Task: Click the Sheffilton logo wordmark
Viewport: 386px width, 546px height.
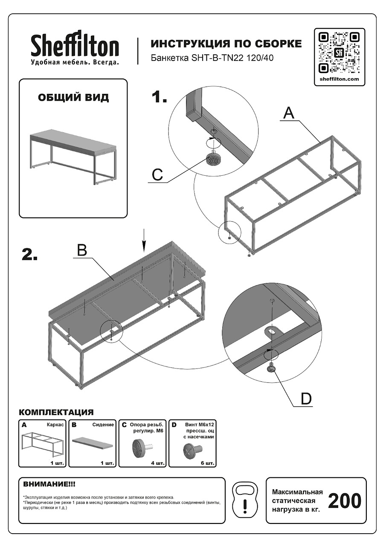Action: [x=75, y=44]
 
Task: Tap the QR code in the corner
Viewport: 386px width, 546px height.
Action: [x=339, y=52]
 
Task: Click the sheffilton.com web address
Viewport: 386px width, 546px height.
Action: [x=339, y=79]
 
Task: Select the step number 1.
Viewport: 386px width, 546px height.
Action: [x=159, y=97]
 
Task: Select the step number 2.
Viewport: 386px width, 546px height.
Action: [x=30, y=255]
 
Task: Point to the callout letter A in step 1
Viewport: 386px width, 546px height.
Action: [x=289, y=113]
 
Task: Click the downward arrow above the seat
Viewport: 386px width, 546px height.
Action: [x=144, y=240]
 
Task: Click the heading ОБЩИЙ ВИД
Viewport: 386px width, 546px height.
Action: [x=73, y=98]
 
